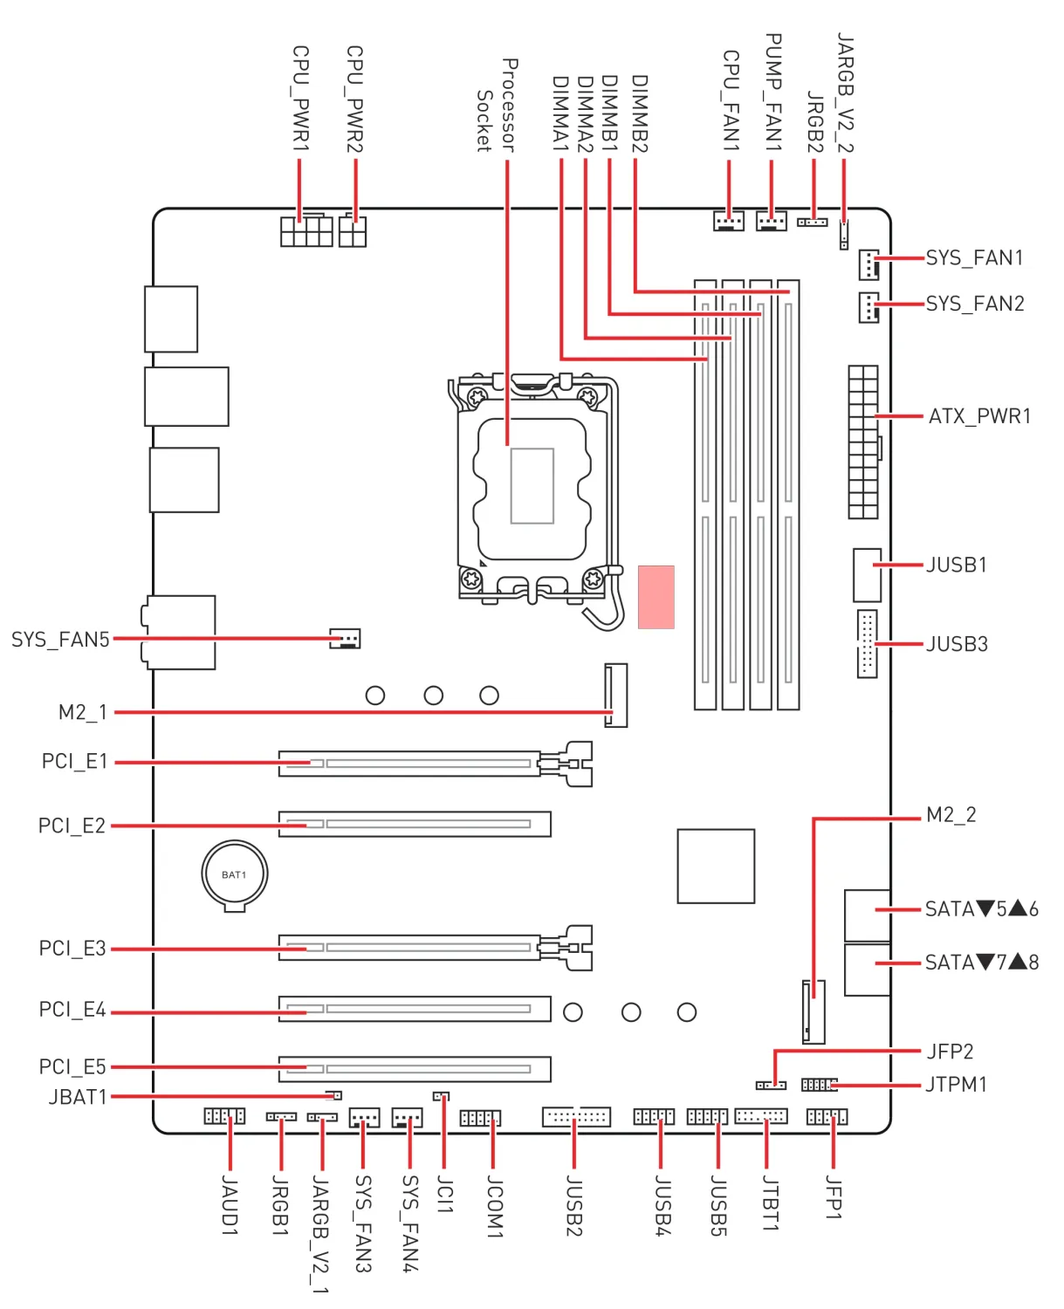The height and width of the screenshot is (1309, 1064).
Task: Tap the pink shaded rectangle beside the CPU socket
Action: [x=656, y=597]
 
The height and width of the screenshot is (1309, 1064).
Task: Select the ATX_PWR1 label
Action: [x=979, y=416]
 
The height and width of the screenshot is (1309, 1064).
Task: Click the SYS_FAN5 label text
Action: [x=60, y=640]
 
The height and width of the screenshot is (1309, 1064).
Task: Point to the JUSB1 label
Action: [x=957, y=565]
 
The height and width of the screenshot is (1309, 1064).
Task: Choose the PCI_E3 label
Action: [x=72, y=949]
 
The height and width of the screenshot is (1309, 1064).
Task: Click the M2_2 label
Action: [x=951, y=815]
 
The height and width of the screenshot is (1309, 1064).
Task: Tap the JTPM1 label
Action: [x=956, y=1085]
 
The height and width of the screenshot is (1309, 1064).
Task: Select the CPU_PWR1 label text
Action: [x=300, y=99]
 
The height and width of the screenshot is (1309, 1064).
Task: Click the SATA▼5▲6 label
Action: [x=981, y=909]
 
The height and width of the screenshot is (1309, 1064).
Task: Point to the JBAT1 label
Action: [x=78, y=1097]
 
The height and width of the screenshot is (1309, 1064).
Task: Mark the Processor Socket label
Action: [x=497, y=106]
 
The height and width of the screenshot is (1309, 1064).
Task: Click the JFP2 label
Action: [x=950, y=1052]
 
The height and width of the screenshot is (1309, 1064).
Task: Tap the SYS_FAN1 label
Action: [x=974, y=258]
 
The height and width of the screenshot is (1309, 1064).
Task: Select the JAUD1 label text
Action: [x=230, y=1205]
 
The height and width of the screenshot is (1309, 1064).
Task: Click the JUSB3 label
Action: [x=957, y=644]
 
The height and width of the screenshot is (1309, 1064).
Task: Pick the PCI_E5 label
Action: [x=72, y=1067]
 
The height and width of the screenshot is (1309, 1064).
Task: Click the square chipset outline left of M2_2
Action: [x=716, y=866]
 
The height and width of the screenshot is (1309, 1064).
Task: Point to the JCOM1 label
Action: [x=494, y=1206]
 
